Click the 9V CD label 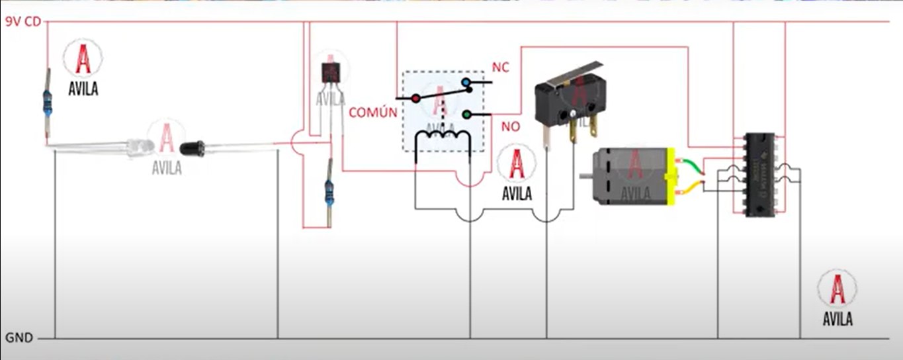tap(23, 22)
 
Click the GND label tap(19, 337)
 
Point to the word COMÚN tap(373, 112)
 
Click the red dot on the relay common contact tap(415, 99)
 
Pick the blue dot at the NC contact tap(466, 83)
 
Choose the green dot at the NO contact tap(466, 114)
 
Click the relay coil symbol tap(442, 136)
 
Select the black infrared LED tap(193, 146)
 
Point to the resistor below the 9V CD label tap(48, 101)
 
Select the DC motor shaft tap(585, 176)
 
